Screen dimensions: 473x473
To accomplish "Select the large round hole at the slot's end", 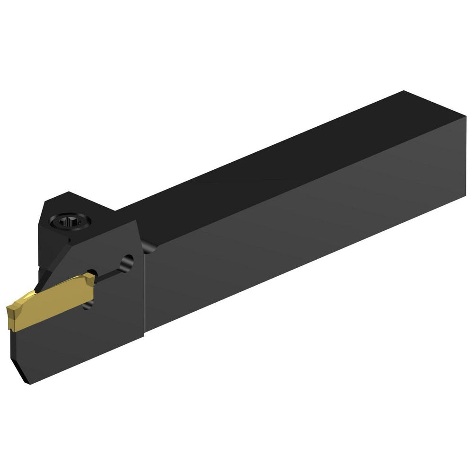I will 127,262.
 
